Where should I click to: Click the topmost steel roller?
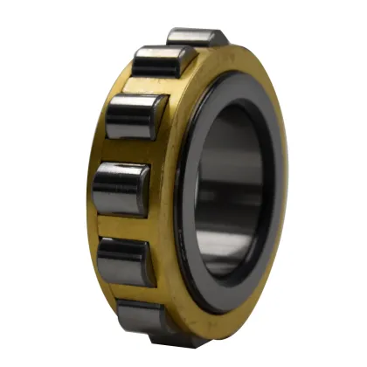tap(196, 37)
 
